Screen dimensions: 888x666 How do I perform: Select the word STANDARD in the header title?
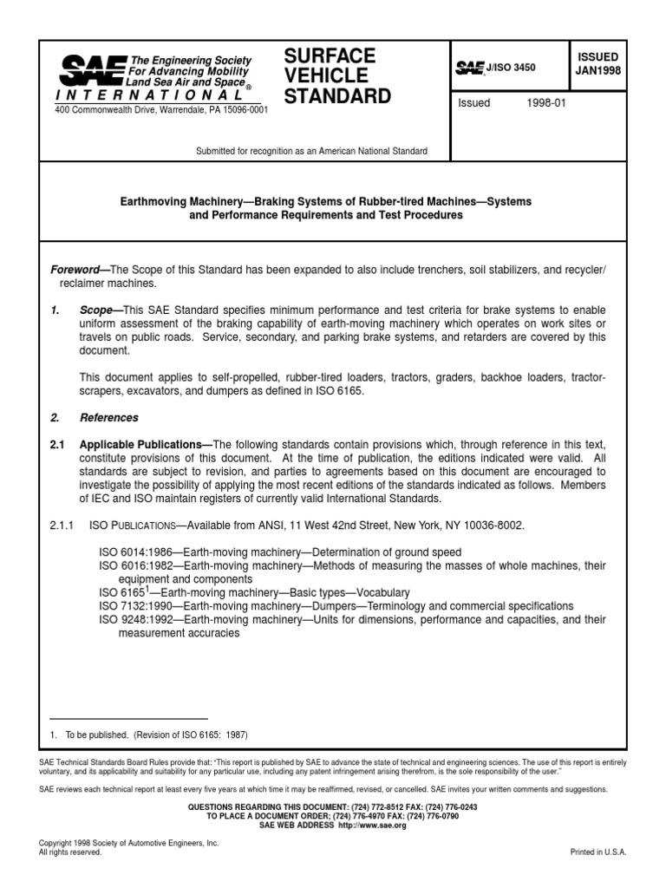[338, 96]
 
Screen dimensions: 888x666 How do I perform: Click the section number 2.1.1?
[64, 526]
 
